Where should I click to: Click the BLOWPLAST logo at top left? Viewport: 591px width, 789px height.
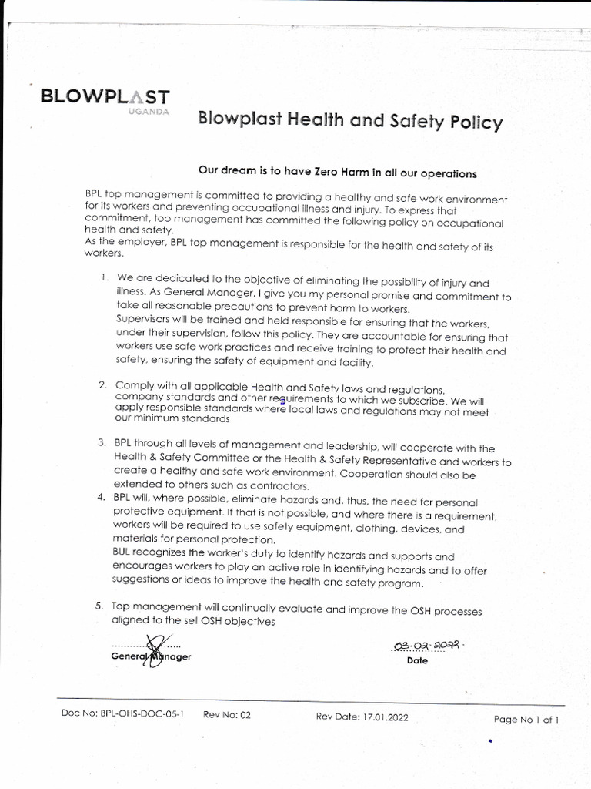click(105, 97)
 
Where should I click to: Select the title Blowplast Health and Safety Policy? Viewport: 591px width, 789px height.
click(350, 121)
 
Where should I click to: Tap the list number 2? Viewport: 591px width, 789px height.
click(102, 384)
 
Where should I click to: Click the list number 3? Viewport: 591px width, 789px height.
click(102, 442)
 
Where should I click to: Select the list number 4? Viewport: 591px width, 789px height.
click(102, 496)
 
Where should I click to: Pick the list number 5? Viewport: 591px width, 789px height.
click(100, 606)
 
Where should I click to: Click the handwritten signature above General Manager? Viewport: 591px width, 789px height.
click(157, 647)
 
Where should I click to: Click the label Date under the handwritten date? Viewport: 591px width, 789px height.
click(417, 660)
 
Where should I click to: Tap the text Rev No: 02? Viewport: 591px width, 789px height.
click(227, 715)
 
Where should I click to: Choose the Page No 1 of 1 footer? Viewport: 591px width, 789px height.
click(526, 720)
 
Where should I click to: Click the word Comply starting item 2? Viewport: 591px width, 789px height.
click(134, 384)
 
